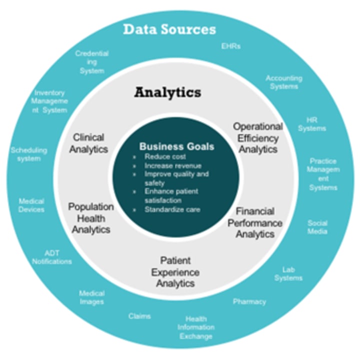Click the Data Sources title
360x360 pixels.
click(169, 29)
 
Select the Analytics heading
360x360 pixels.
click(167, 92)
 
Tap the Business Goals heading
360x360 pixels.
click(176, 146)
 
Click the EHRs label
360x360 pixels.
click(231, 46)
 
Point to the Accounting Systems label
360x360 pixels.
click(283, 82)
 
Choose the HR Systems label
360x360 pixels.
click(312, 124)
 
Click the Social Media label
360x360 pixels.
click(317, 227)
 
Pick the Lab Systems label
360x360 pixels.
click(289, 273)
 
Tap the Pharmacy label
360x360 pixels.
click(249, 301)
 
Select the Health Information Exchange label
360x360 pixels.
click(196, 327)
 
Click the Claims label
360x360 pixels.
click(139, 316)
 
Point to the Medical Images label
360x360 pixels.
click(92, 297)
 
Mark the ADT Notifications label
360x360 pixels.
click(52, 257)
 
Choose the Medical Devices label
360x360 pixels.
click(31, 205)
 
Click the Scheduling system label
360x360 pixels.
click(28, 154)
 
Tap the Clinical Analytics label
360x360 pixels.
click(88, 143)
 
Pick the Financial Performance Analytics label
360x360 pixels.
click(255, 222)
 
